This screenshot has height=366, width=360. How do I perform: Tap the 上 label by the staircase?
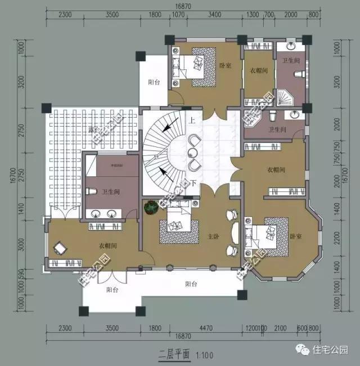pyautogui.click(x=192, y=120)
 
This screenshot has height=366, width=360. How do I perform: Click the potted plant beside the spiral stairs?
pyautogui.click(x=150, y=208)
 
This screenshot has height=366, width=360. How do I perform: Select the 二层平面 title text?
pyautogui.click(x=172, y=355)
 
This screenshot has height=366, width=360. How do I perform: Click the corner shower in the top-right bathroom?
pyautogui.click(x=286, y=98)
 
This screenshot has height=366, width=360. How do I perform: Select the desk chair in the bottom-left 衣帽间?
pyautogui.click(x=60, y=247)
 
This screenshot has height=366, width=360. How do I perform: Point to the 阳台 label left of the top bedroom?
pyautogui.click(x=154, y=82)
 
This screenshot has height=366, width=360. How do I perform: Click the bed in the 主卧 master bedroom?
pyautogui.click(x=177, y=226)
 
